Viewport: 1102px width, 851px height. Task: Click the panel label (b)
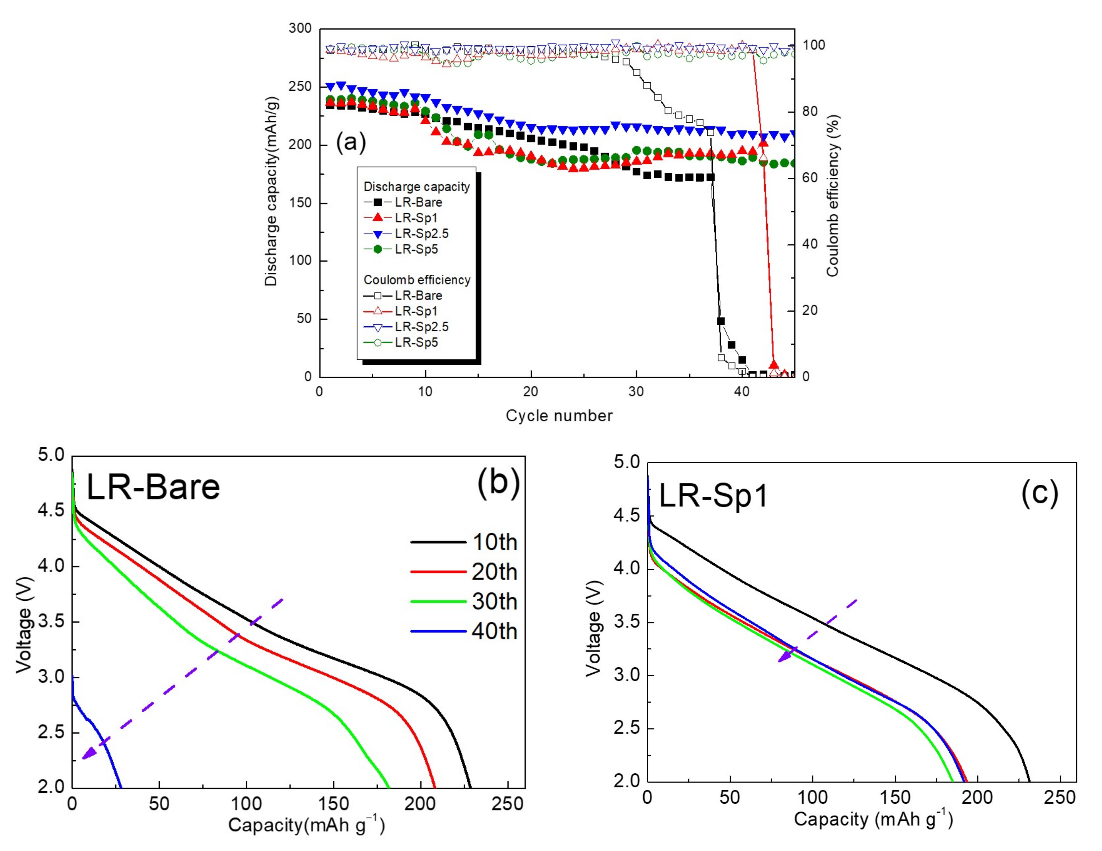pos(498,482)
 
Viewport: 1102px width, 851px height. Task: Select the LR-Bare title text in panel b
pos(153,487)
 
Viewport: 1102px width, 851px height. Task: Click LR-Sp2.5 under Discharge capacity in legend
pos(421,233)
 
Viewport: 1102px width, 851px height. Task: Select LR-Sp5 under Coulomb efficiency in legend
pos(416,343)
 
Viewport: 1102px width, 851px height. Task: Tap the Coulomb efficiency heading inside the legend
pos(417,280)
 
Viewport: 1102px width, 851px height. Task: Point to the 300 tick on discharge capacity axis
pos(300,28)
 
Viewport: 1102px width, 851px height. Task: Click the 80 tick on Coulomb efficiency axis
pos(810,111)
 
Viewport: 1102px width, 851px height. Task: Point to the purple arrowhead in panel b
pos(89,754)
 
